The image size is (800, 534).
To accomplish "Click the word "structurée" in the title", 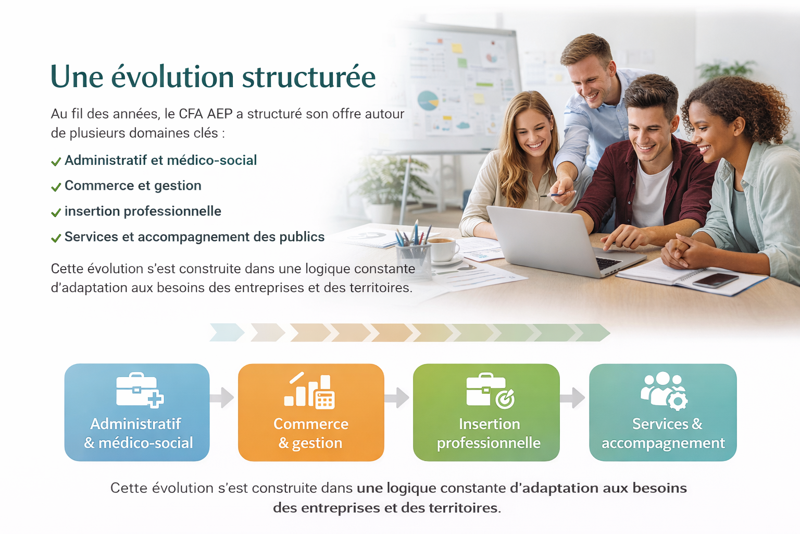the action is [309, 76].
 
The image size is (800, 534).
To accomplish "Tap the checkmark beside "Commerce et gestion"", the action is [56, 187].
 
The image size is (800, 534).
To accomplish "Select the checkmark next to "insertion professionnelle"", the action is [56, 213].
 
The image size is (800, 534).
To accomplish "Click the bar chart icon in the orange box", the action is [309, 390].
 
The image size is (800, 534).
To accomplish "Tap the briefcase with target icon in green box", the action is [490, 391].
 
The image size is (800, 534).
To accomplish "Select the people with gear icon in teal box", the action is [664, 391].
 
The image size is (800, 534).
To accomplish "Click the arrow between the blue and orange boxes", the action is [222, 397].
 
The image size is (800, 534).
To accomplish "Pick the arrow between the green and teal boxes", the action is [572, 397].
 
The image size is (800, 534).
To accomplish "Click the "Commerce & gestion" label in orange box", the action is [311, 433].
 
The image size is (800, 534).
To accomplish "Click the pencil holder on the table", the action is [413, 256].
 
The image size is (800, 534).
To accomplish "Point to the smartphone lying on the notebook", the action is [715, 280].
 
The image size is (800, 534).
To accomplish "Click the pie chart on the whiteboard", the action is [428, 101].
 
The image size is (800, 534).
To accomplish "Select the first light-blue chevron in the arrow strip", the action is [227, 332].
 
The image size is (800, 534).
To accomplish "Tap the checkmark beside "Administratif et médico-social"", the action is [56, 162].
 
